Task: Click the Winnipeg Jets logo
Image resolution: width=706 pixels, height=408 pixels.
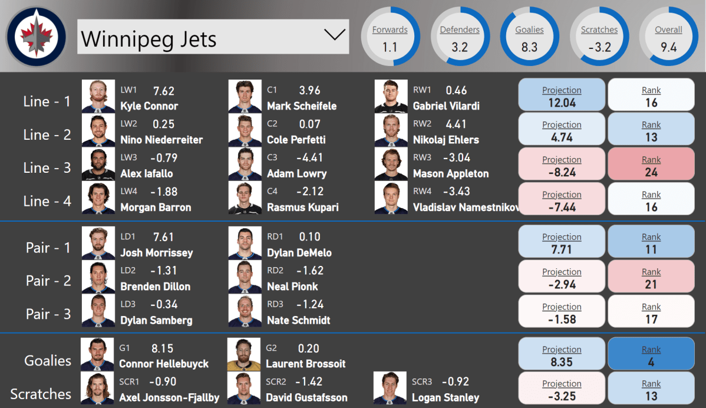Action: tap(36, 37)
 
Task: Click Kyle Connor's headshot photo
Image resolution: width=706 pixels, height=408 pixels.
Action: tap(98, 96)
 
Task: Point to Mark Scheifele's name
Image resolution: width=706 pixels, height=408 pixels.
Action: tap(302, 106)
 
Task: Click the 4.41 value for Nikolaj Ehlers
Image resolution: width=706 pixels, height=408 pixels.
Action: tap(456, 124)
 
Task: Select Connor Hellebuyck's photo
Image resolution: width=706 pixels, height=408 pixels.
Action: tap(97, 354)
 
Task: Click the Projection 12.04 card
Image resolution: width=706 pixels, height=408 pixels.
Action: tap(562, 96)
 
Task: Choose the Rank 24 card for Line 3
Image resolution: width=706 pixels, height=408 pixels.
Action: tap(651, 166)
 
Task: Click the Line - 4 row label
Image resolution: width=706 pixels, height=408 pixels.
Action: tap(47, 201)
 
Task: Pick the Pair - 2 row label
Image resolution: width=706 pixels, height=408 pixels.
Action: tap(48, 281)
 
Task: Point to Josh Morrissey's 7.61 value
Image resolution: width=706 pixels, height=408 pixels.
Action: tap(163, 237)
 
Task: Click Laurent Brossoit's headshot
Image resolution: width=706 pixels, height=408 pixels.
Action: tap(244, 354)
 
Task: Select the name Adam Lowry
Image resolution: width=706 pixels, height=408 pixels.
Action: tap(296, 173)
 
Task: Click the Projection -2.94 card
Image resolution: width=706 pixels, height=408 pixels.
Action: tap(562, 278)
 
